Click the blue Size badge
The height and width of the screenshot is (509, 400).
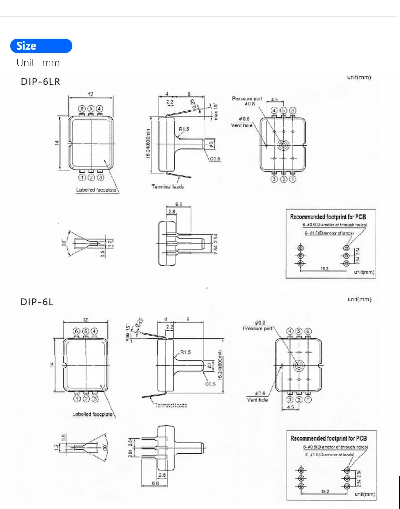point(41,46)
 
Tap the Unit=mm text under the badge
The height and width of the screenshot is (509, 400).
point(38,63)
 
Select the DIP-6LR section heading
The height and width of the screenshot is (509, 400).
point(41,82)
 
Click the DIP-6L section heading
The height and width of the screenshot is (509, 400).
point(37,302)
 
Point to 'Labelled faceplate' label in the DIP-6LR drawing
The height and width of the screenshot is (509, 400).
point(97,190)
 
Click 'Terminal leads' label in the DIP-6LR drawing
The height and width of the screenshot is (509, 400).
point(168,187)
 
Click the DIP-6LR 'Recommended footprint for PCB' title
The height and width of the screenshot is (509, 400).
point(328,217)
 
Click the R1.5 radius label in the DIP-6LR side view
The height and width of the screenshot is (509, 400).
point(183,130)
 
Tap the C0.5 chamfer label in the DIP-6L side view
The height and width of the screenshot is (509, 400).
point(210,384)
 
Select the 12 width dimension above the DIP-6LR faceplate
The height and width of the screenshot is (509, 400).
point(91,95)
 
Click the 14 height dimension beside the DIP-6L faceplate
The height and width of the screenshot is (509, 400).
point(52,365)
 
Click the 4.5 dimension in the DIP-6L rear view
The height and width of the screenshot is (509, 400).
point(290,406)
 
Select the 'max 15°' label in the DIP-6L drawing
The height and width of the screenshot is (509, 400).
point(128,332)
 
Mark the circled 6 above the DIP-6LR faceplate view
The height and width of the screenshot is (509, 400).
point(82,109)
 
